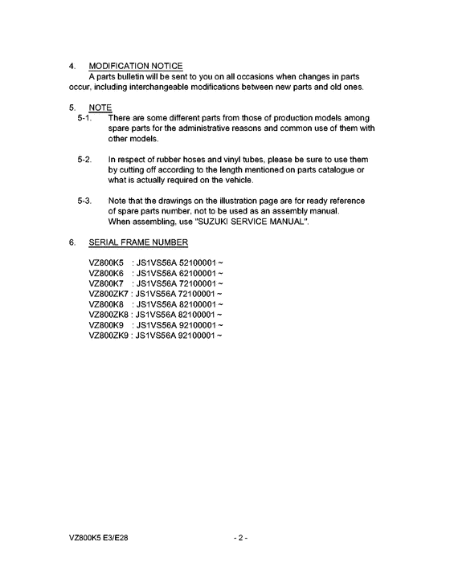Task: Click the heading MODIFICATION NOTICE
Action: (x=136, y=66)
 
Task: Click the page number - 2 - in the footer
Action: (x=239, y=537)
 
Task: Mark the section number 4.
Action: (x=72, y=66)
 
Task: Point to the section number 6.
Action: (x=72, y=242)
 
